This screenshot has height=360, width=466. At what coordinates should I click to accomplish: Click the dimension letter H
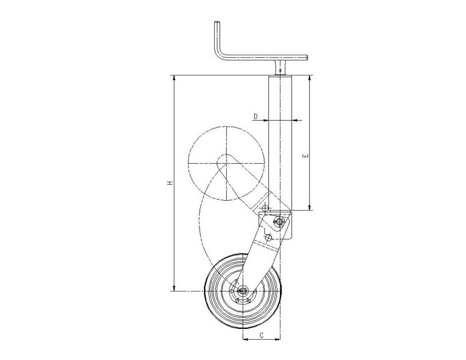[170, 183]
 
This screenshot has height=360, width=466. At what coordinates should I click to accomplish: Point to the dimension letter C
[261, 335]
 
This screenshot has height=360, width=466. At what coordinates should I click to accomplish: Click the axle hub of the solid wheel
[243, 291]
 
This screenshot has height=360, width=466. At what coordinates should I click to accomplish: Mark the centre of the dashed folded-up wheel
[226, 163]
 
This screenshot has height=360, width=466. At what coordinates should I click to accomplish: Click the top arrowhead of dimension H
[174, 78]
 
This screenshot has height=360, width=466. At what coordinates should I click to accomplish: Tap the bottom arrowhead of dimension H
[174, 288]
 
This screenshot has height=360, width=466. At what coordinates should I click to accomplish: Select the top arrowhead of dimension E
[310, 78]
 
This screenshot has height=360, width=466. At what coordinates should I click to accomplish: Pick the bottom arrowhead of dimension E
[310, 207]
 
